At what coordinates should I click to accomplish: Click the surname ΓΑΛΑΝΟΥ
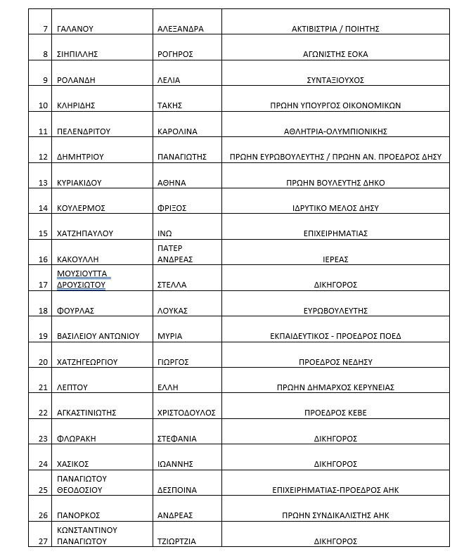click(75, 29)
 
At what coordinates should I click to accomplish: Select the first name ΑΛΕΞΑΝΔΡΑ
click(181, 29)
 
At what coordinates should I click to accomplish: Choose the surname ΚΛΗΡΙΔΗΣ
click(76, 105)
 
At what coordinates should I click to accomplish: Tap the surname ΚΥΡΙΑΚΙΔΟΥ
click(79, 182)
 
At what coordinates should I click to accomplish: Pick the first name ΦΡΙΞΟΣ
click(171, 208)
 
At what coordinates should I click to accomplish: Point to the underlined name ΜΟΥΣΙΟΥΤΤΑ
click(83, 273)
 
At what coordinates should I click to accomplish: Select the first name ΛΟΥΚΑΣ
click(172, 310)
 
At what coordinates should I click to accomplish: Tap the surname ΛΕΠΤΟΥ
click(72, 387)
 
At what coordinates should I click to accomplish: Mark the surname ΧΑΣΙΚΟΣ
click(75, 464)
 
